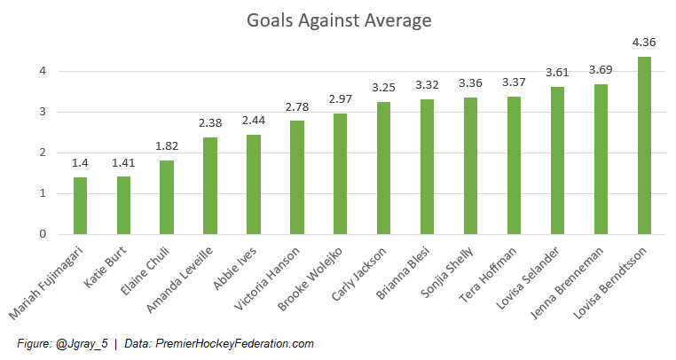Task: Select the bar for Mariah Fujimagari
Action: point(81,206)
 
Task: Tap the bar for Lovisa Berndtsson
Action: point(644,145)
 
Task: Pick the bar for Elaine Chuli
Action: point(167,197)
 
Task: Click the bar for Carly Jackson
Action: point(384,168)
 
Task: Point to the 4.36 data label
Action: point(644,42)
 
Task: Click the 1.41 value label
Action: point(124,162)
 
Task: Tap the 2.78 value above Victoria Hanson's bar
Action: point(297,106)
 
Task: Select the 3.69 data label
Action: point(601,69)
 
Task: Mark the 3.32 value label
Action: point(428,84)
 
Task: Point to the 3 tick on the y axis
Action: point(42,112)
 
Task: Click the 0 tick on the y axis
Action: point(42,234)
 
